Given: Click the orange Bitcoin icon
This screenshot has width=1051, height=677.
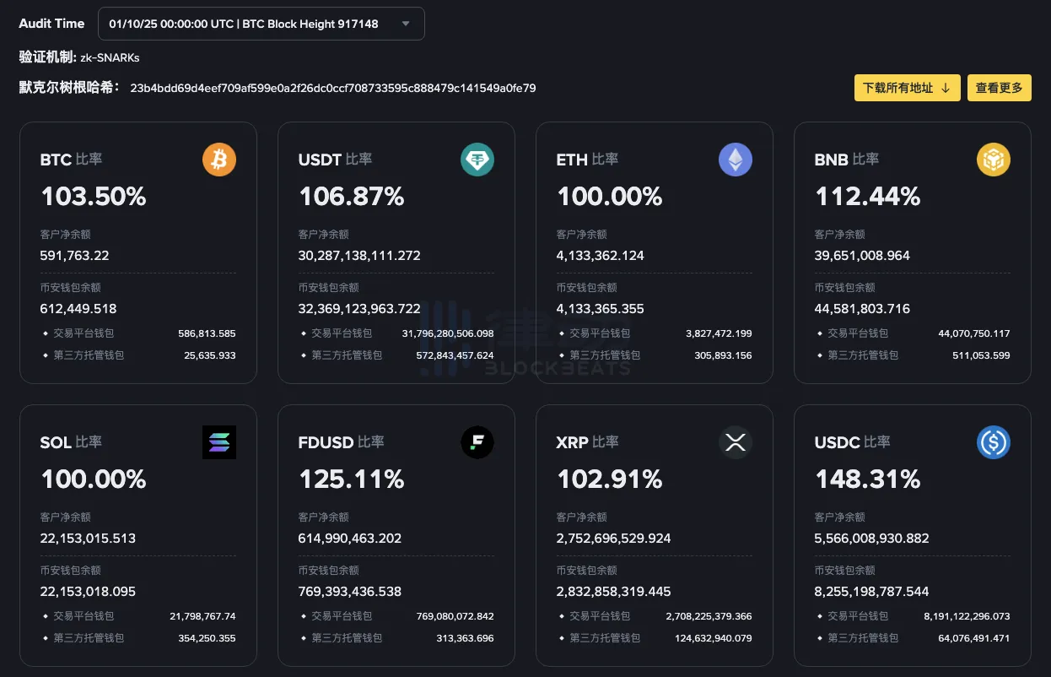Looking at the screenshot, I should (x=219, y=160).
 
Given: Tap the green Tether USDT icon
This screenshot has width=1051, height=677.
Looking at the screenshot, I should (x=477, y=160).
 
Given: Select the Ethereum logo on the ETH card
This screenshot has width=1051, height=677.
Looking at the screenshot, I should (x=736, y=160).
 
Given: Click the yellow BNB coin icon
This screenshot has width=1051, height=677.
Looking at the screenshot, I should (x=994, y=160).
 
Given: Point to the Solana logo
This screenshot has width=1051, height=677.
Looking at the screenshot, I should (x=219, y=442).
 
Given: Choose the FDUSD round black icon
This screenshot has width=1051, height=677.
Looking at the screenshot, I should (x=477, y=442).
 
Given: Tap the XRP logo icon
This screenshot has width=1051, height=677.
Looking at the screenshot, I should (x=736, y=442).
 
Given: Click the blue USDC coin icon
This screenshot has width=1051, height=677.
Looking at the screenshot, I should (x=994, y=442).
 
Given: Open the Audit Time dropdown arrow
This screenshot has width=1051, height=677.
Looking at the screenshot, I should (x=406, y=24).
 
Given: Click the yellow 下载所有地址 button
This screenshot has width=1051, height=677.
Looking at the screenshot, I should (x=907, y=88).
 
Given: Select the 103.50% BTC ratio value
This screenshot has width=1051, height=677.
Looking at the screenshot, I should (x=94, y=197).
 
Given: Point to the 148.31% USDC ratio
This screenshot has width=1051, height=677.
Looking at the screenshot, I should (x=868, y=479).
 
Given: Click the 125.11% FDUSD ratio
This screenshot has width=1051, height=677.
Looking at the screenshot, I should (x=352, y=479).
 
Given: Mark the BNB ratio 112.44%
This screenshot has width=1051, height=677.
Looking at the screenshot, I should (x=868, y=197).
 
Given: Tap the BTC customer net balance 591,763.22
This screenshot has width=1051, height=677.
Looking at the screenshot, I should (x=75, y=255).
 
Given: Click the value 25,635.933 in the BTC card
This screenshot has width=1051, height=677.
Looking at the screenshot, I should (x=210, y=355).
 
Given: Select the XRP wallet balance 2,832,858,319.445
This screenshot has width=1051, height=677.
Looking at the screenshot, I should (x=614, y=591).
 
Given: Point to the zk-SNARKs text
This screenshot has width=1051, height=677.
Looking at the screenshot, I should (x=110, y=57).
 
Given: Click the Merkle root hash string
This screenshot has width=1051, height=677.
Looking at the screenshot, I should (x=333, y=88).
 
